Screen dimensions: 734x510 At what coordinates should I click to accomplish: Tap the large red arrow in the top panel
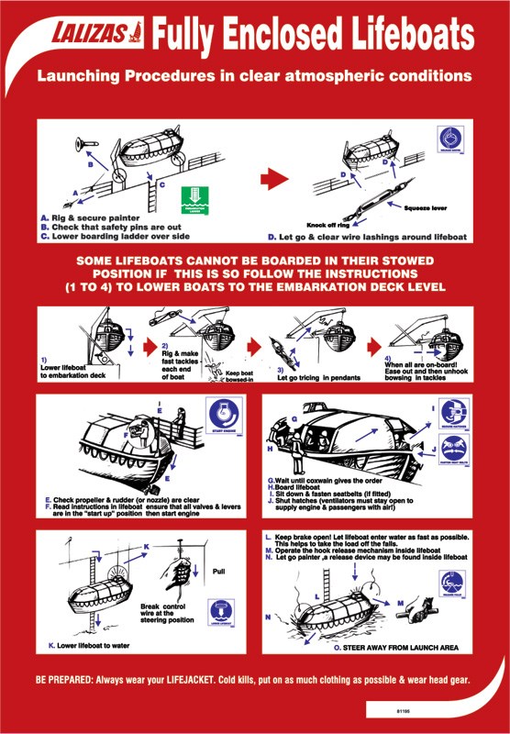point(275,176)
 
